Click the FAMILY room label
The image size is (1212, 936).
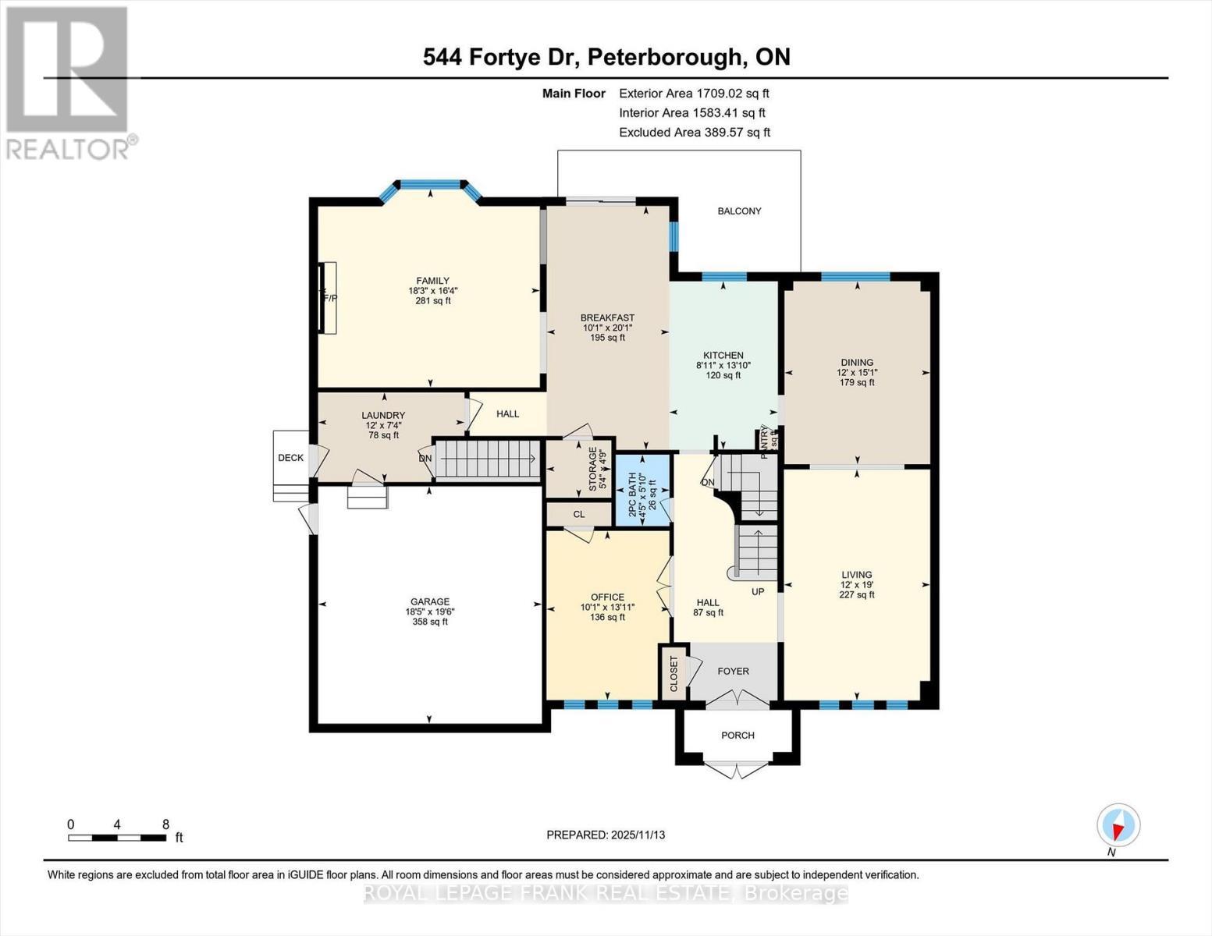[432, 281]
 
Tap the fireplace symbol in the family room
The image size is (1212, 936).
[329, 298]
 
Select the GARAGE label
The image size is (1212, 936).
[430, 601]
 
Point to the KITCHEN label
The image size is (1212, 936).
[723, 355]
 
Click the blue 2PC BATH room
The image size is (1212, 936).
[642, 491]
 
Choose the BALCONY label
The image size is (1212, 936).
[739, 211]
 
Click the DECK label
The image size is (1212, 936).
[290, 458]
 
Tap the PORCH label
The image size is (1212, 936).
[738, 736]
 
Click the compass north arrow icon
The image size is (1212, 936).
[1118, 824]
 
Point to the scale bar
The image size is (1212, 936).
[117, 838]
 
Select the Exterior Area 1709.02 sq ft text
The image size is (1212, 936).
[694, 93]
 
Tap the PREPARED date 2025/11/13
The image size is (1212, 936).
[606, 835]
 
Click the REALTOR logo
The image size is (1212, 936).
[68, 82]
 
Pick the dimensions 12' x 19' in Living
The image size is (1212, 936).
[856, 584]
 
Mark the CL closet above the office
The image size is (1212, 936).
[579, 514]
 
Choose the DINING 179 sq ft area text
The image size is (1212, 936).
[856, 382]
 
